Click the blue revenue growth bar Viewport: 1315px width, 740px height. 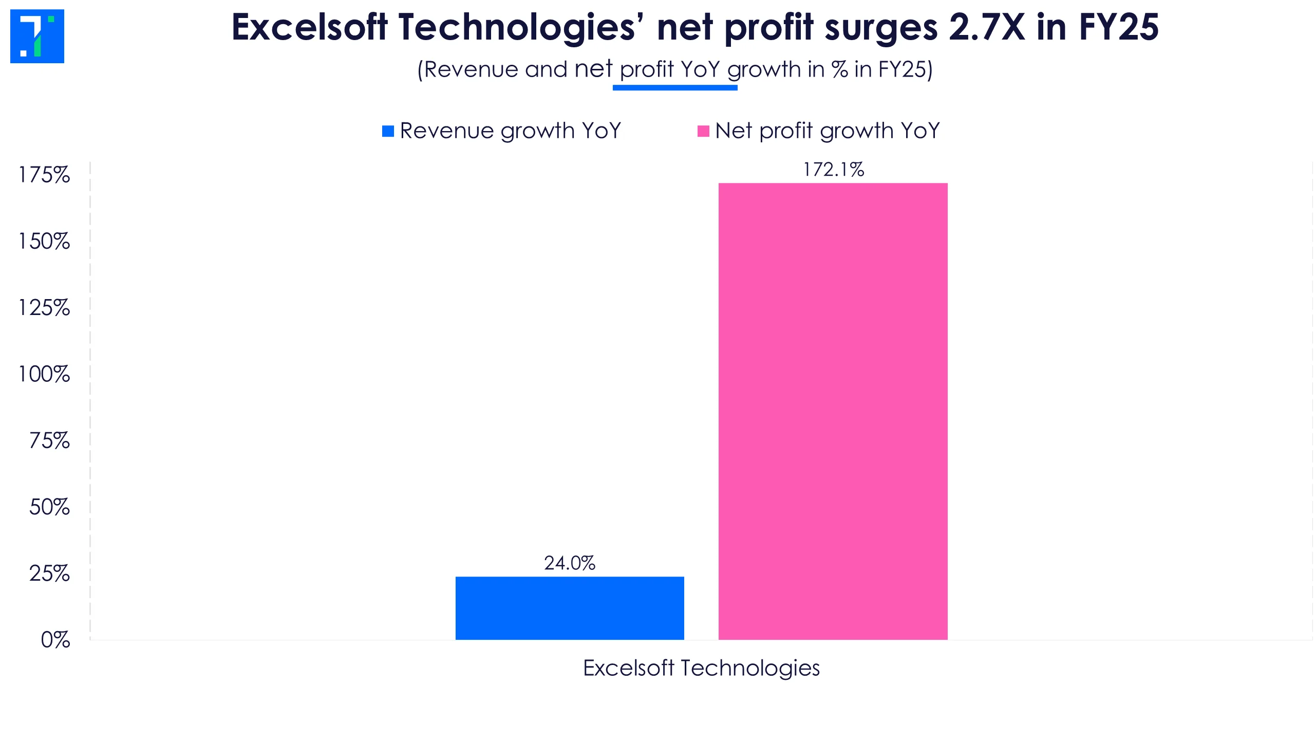570,608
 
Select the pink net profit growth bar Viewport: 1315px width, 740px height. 833,411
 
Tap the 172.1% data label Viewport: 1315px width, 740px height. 833,170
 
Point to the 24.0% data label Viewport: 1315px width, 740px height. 570,563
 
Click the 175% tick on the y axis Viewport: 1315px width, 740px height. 44,175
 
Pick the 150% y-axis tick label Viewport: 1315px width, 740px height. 44,241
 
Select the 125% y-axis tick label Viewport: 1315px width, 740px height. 44,307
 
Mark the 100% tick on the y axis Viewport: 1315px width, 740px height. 44,374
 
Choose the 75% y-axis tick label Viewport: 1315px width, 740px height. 49,440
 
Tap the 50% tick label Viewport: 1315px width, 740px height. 49,507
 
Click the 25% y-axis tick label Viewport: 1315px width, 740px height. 49,573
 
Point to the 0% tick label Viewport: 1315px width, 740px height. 55,640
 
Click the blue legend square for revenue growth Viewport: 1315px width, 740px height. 388,131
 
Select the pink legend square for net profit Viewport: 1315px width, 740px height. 703,131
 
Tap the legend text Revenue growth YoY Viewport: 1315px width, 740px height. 511,131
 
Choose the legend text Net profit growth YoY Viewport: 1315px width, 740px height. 827,131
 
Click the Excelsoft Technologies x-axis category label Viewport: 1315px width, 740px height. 701,668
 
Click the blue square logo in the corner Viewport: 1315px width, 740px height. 37,36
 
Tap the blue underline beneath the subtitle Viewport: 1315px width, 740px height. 675,88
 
